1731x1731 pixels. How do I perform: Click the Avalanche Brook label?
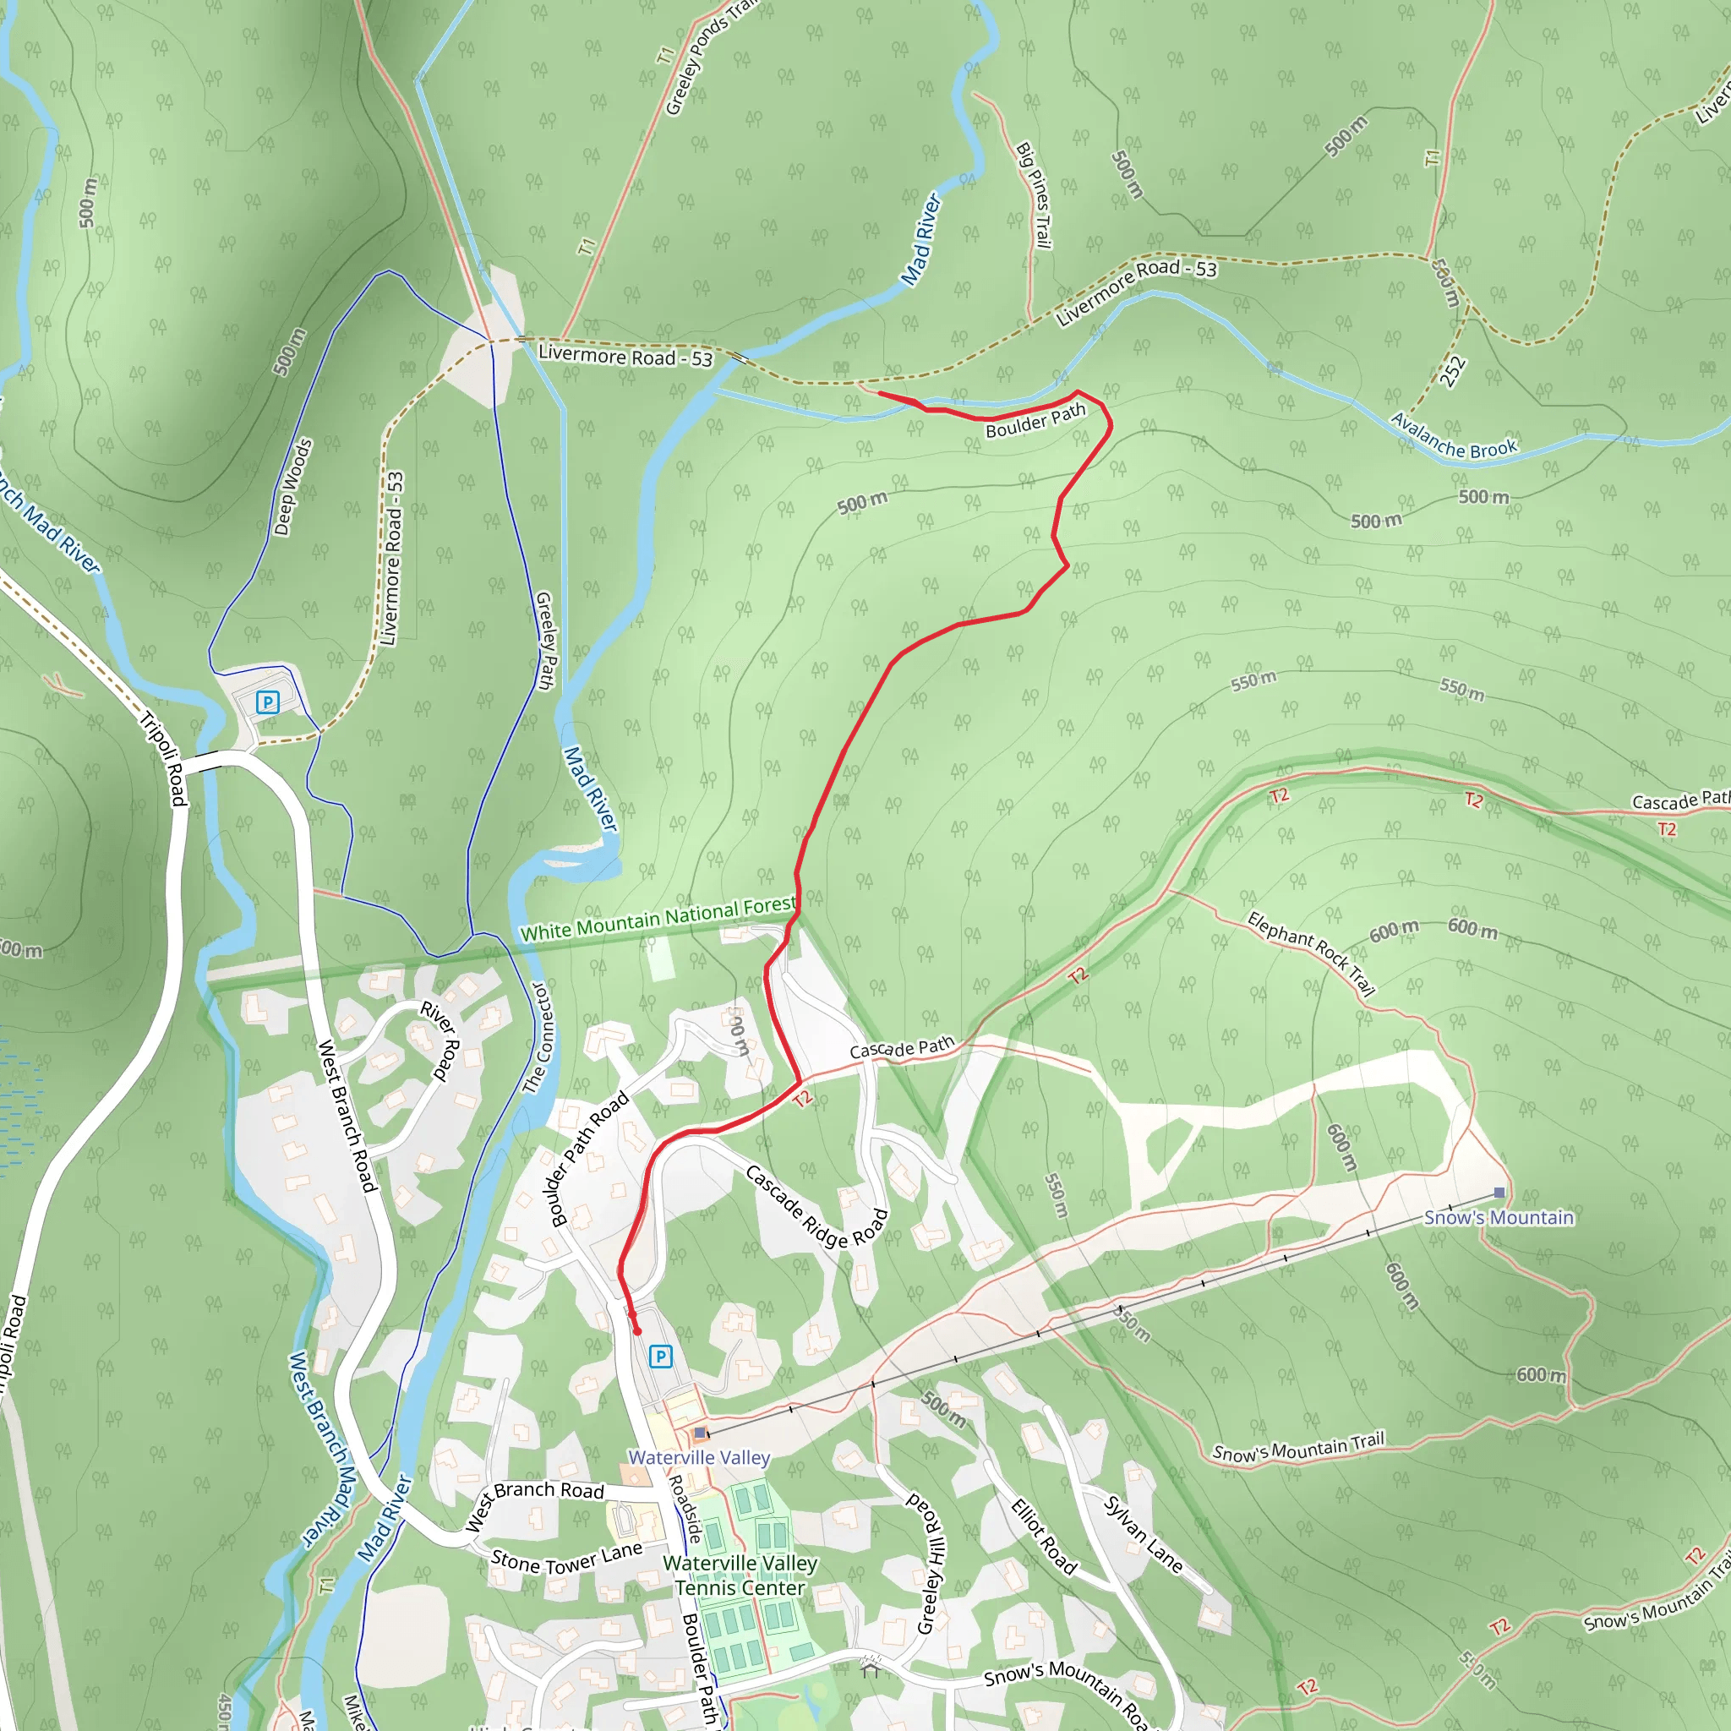[x=1453, y=435]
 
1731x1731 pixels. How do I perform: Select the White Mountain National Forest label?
[x=658, y=920]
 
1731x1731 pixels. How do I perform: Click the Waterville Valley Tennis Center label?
[x=740, y=1576]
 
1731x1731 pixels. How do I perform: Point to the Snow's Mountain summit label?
[x=1498, y=1218]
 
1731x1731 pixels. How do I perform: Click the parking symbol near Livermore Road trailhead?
[x=267, y=702]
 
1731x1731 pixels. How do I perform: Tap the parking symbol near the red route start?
[x=660, y=1357]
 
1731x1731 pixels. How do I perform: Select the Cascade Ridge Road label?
[x=816, y=1206]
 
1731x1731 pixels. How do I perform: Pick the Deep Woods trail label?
[x=293, y=487]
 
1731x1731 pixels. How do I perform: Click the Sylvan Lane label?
[x=1144, y=1534]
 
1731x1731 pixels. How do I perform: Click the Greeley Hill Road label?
[x=931, y=1561]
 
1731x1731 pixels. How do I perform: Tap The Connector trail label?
[x=539, y=1039]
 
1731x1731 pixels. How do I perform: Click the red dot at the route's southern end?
[x=637, y=1331]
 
